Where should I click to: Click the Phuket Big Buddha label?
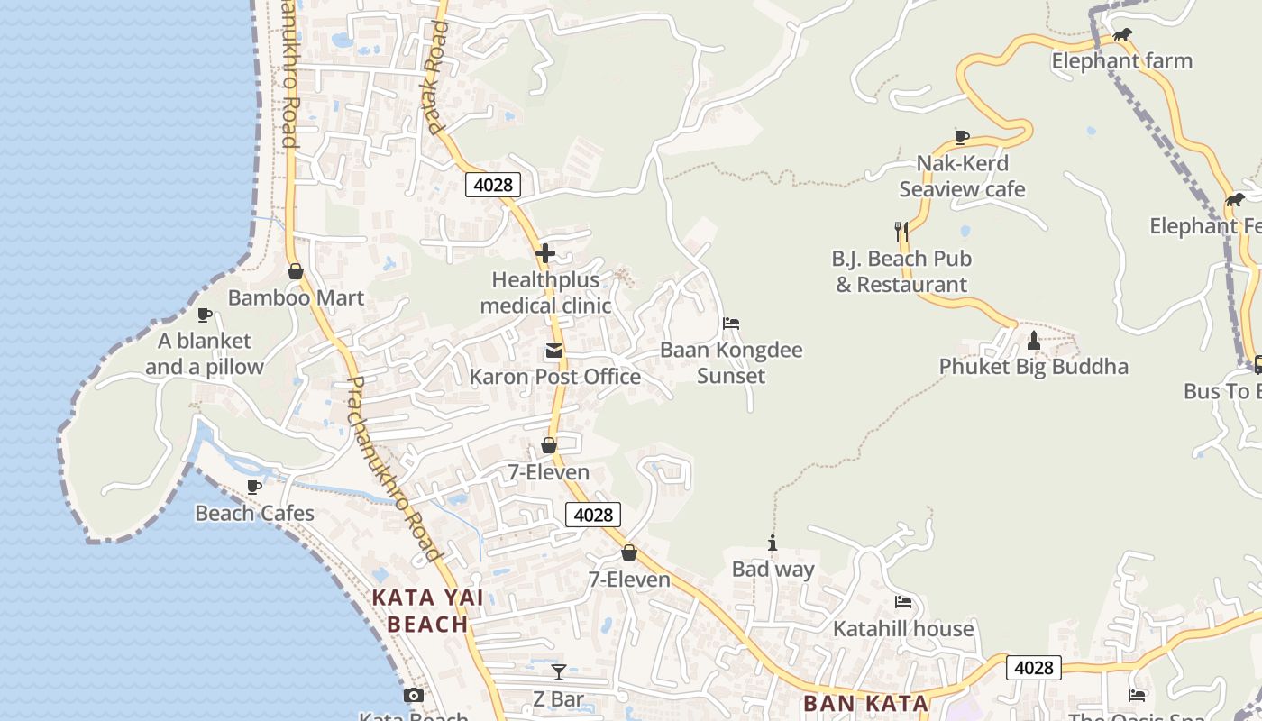point(1033,367)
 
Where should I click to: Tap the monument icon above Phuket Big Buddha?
point(1034,341)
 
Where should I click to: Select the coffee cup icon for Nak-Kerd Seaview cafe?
point(962,137)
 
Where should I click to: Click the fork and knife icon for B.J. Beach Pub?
point(901,232)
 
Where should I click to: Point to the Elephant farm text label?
point(1121,61)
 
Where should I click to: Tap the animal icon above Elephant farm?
point(1121,36)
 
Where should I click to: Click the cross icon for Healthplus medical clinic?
point(544,253)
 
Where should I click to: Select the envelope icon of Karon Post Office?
point(554,351)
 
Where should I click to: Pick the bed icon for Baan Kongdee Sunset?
point(731,324)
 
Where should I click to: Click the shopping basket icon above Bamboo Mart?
point(295,271)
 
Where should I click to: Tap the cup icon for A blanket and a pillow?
point(205,315)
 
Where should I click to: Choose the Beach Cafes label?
point(254,514)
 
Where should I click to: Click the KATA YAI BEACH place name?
point(427,610)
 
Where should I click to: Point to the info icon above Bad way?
point(773,543)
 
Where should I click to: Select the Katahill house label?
point(903,628)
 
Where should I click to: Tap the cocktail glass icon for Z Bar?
point(559,672)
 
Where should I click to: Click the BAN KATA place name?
point(864,703)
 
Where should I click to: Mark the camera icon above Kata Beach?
point(414,695)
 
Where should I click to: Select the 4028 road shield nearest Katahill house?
point(1033,668)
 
